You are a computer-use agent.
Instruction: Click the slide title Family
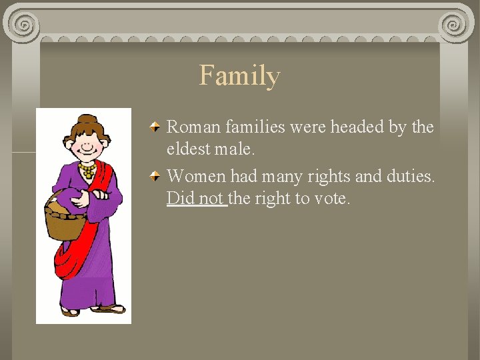coord(239,75)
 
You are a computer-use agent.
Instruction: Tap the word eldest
coord(188,150)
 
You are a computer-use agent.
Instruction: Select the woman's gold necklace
coord(86,171)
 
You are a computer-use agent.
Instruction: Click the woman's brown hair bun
coord(83,121)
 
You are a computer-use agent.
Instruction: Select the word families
coord(253,127)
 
